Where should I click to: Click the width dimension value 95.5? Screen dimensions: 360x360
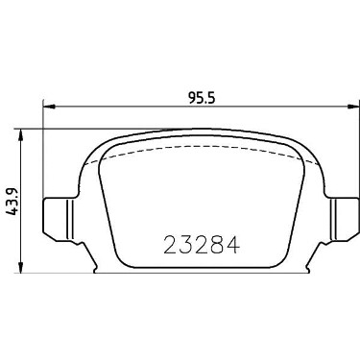pos(202,98)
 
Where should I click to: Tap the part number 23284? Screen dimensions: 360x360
pos(202,246)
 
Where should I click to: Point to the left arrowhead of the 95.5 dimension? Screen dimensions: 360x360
pos(49,107)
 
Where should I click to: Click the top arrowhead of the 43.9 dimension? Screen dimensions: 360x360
pos(21,135)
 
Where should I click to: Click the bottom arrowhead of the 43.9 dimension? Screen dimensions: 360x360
pos(21,267)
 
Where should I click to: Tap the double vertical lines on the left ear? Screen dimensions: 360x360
pos(70,219)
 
